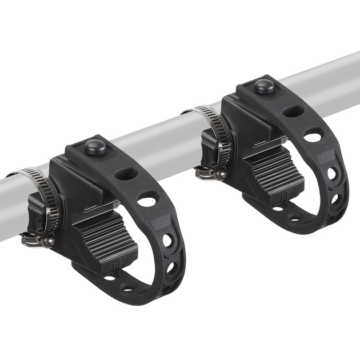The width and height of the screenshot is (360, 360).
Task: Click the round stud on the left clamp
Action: [95, 147]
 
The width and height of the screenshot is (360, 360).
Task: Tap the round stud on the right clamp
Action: [264, 86]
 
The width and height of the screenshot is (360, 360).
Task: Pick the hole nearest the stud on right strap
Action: [293, 111]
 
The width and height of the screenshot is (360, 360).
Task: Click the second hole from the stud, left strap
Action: [147, 200]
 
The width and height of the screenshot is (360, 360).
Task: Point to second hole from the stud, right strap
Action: [313, 137]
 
